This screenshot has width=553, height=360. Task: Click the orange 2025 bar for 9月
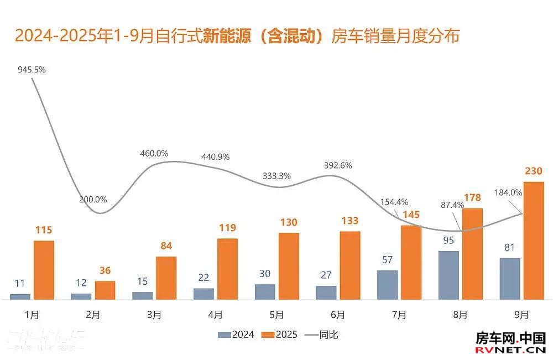(534, 241)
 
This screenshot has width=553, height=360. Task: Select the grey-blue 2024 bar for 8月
(449, 275)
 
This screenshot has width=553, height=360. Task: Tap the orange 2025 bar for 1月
(44, 270)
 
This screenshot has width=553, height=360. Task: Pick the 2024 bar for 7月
(388, 285)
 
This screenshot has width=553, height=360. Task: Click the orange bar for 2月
(105, 290)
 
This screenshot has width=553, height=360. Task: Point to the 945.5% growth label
(31, 70)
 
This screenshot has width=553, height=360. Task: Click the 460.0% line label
(154, 153)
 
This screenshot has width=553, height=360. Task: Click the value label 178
(473, 198)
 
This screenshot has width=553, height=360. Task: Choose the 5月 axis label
(277, 315)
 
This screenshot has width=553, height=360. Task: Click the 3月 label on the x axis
(154, 315)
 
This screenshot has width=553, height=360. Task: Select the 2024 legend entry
(236, 334)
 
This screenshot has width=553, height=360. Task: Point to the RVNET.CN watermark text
(511, 350)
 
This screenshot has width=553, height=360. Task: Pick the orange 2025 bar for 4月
(227, 269)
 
